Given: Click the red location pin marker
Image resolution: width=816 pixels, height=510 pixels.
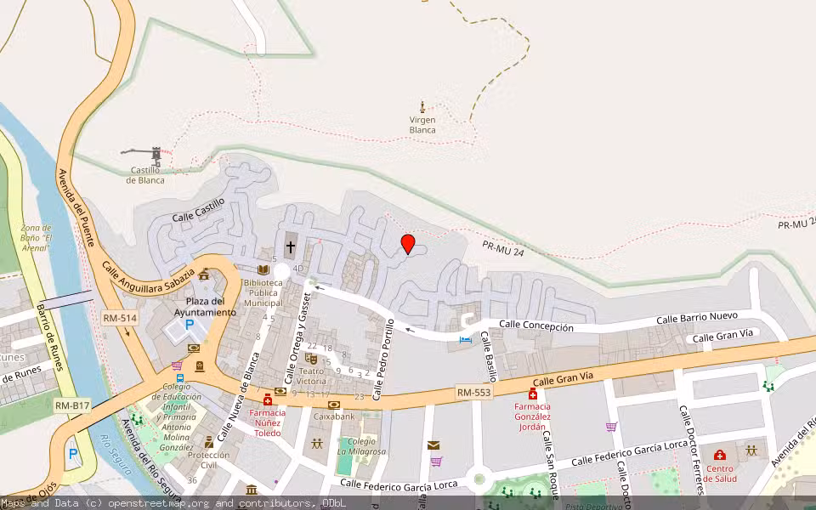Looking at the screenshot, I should pos(408,244).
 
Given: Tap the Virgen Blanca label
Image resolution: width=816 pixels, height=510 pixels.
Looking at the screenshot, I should pos(422,125).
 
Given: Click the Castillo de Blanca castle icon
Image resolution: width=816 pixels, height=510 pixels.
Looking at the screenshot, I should pos(156,156).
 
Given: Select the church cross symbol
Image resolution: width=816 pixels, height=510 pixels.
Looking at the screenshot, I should pos(290,247).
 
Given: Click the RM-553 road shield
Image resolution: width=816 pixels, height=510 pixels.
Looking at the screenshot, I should pos(474,392).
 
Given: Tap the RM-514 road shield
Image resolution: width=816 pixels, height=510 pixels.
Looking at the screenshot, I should pos(119,318).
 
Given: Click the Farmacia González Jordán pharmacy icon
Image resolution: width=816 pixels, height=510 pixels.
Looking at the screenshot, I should pos(533,394).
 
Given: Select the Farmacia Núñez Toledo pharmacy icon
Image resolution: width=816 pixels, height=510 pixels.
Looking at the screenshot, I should pos(268,399).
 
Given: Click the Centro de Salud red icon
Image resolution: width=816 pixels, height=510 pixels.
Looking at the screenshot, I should pos(720,455).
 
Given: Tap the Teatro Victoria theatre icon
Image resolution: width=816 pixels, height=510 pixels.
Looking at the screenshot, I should pos(310,358).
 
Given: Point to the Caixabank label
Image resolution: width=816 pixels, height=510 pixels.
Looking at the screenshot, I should pos(333,416).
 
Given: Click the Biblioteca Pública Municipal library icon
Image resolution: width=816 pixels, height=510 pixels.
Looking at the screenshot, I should pos(263,269).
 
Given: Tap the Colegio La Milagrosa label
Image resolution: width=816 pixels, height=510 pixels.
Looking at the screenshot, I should pos(361,446).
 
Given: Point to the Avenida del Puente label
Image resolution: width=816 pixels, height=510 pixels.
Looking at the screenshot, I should pos(75,204).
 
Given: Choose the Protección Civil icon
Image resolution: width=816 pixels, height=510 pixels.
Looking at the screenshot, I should pos(209,442).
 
